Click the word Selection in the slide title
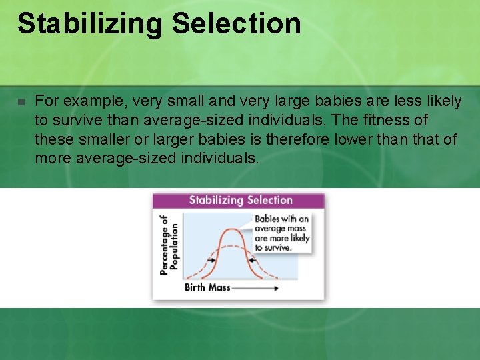pyautogui.click(x=236, y=23)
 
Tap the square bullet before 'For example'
pyautogui.click(x=21, y=102)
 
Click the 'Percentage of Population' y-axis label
pyautogui.click(x=169, y=244)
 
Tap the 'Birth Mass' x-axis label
pyautogui.click(x=207, y=288)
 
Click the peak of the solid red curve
pyautogui.click(x=231, y=230)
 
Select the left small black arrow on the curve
pyautogui.click(x=213, y=259)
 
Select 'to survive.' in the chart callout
pyautogui.click(x=273, y=247)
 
